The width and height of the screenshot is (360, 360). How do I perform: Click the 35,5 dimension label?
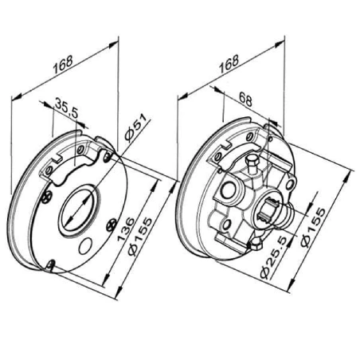[66, 108]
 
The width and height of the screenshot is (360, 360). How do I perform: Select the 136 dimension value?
[126, 229]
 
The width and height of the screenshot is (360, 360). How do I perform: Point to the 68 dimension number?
[245, 99]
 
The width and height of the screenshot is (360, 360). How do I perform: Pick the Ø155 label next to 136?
[140, 237]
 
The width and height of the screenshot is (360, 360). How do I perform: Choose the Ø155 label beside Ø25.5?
[314, 228]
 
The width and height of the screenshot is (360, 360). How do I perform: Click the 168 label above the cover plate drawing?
[63, 65]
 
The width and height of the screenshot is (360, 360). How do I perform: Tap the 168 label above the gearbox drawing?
[229, 64]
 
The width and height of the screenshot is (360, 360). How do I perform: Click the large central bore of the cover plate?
[79, 211]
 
